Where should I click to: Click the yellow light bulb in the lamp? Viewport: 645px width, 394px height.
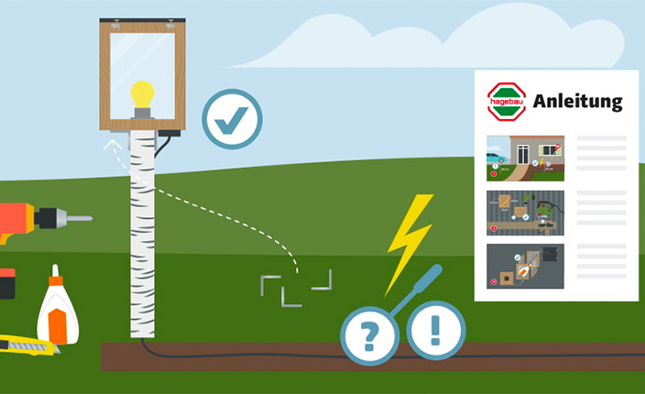click(x=142, y=94)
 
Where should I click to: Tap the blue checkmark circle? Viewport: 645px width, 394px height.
click(x=232, y=119)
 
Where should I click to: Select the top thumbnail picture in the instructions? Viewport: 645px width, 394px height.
click(x=525, y=159)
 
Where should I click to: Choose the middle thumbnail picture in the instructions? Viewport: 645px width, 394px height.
click(x=525, y=213)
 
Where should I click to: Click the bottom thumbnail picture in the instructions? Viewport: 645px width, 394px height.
click(x=525, y=267)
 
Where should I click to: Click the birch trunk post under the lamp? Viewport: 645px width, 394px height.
click(x=142, y=229)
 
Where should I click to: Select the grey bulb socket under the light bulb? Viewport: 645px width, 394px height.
click(x=142, y=114)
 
